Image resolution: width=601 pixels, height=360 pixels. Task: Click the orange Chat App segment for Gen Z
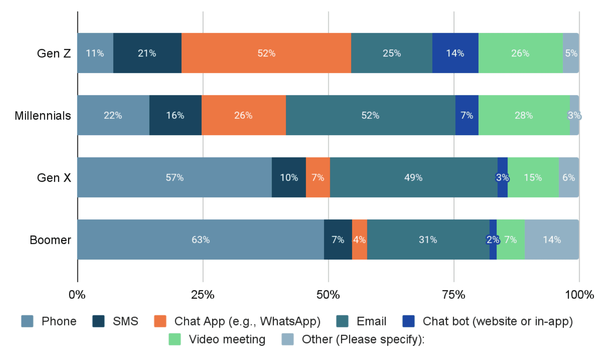coord(266,53)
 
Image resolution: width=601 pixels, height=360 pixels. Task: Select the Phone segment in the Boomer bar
coord(200,240)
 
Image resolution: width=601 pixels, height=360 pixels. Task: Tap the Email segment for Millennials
coord(370,115)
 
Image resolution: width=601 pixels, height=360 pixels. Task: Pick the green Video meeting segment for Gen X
coord(533,178)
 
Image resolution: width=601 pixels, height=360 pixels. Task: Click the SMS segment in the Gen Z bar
coord(147,53)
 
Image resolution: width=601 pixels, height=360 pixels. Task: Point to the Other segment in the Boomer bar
coord(552,240)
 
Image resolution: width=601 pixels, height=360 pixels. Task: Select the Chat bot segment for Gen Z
coord(455,53)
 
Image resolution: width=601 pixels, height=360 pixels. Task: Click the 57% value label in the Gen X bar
coord(174,178)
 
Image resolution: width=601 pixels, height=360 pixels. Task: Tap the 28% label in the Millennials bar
coord(524,115)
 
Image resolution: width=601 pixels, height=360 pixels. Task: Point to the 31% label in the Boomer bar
coord(428,240)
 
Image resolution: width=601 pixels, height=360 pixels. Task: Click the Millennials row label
coord(43,116)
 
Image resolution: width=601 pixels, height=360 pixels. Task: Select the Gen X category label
coord(54,178)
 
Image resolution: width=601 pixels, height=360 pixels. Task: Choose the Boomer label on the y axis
coord(50,240)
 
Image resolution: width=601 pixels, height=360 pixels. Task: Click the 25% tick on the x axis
coord(203,294)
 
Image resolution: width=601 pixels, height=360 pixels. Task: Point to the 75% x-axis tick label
coord(454,294)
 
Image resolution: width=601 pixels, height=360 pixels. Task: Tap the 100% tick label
coord(579,294)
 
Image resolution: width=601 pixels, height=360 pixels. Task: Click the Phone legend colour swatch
coord(27,321)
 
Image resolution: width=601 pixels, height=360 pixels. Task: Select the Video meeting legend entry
coord(227,339)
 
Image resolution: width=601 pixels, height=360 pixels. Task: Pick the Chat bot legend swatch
coord(408,321)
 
